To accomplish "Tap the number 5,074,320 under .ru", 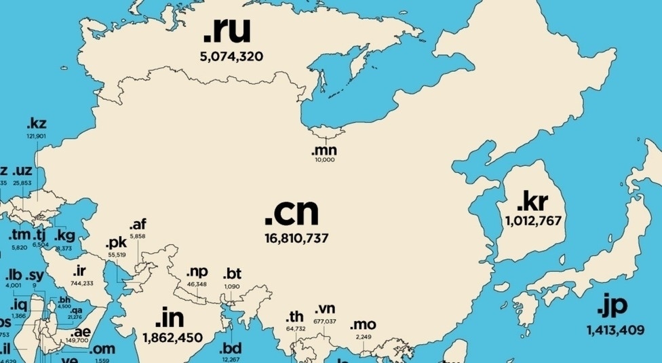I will (x=231, y=57).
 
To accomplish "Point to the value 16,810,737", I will (x=296, y=238).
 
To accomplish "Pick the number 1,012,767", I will (x=535, y=221).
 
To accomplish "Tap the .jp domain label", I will (x=612, y=307).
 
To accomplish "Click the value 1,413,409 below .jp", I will (x=615, y=330).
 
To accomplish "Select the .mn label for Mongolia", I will (x=324, y=151).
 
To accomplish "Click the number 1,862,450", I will (x=172, y=337).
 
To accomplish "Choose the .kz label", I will (x=36, y=124).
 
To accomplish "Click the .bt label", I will (x=232, y=274).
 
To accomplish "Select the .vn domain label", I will (x=325, y=311).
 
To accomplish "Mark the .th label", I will (x=295, y=317).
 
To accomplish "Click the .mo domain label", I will (x=362, y=325).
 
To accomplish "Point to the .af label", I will (x=138, y=225).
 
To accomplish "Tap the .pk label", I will (x=116, y=243).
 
